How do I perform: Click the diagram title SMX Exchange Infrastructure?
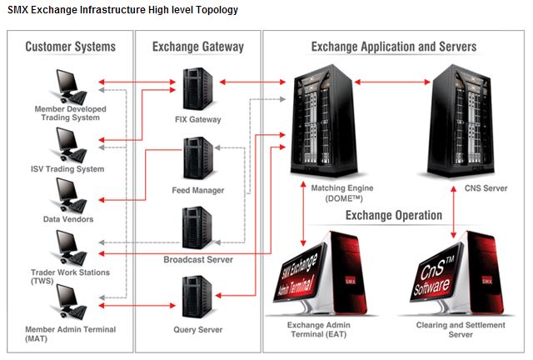(x=122, y=10)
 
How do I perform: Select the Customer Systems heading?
(x=70, y=47)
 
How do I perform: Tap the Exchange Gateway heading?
(x=197, y=47)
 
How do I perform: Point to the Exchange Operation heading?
(x=394, y=215)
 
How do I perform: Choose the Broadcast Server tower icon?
(x=199, y=229)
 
